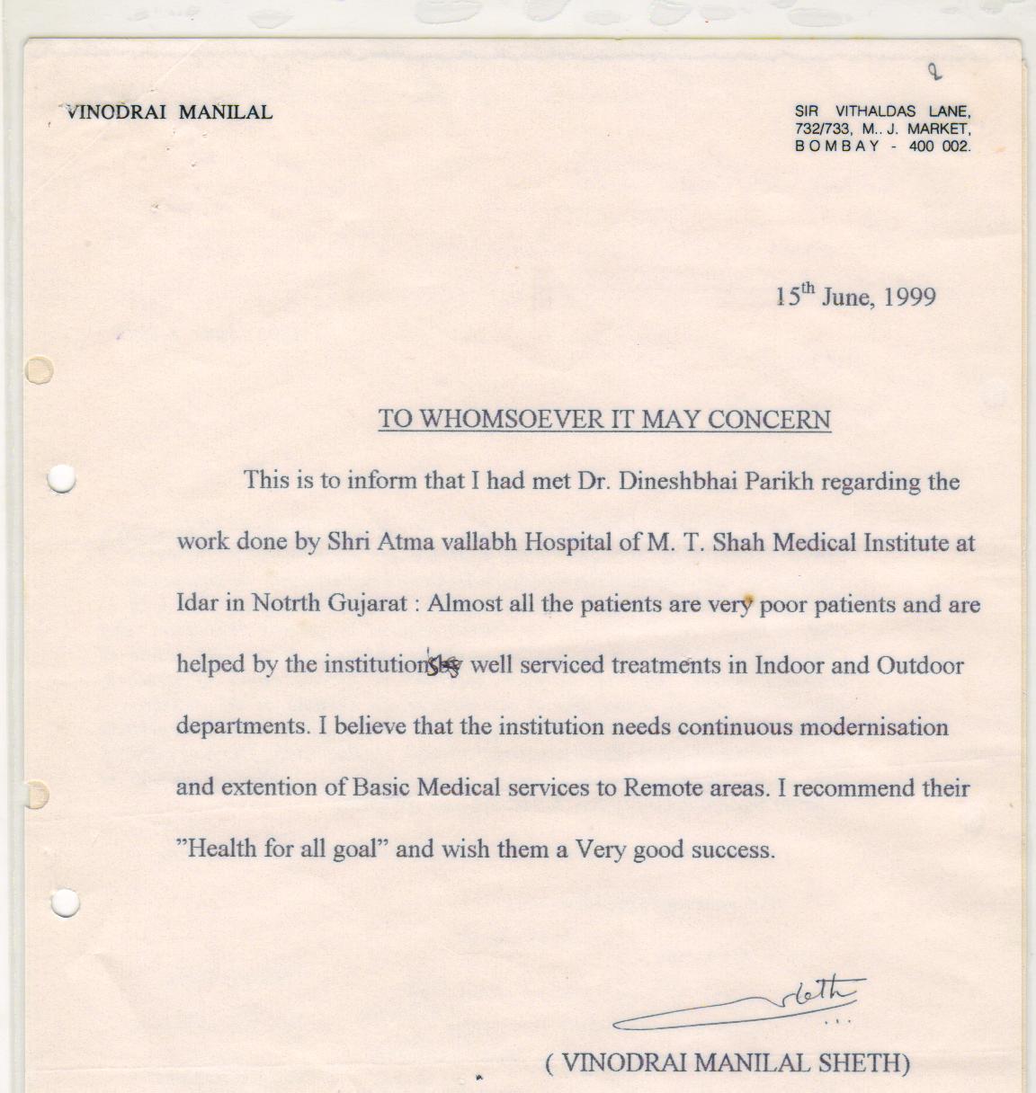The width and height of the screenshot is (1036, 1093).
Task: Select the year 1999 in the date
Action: coord(909,297)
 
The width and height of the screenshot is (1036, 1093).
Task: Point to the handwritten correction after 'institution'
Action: coord(443,664)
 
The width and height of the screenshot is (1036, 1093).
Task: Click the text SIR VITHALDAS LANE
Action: coord(881,111)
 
